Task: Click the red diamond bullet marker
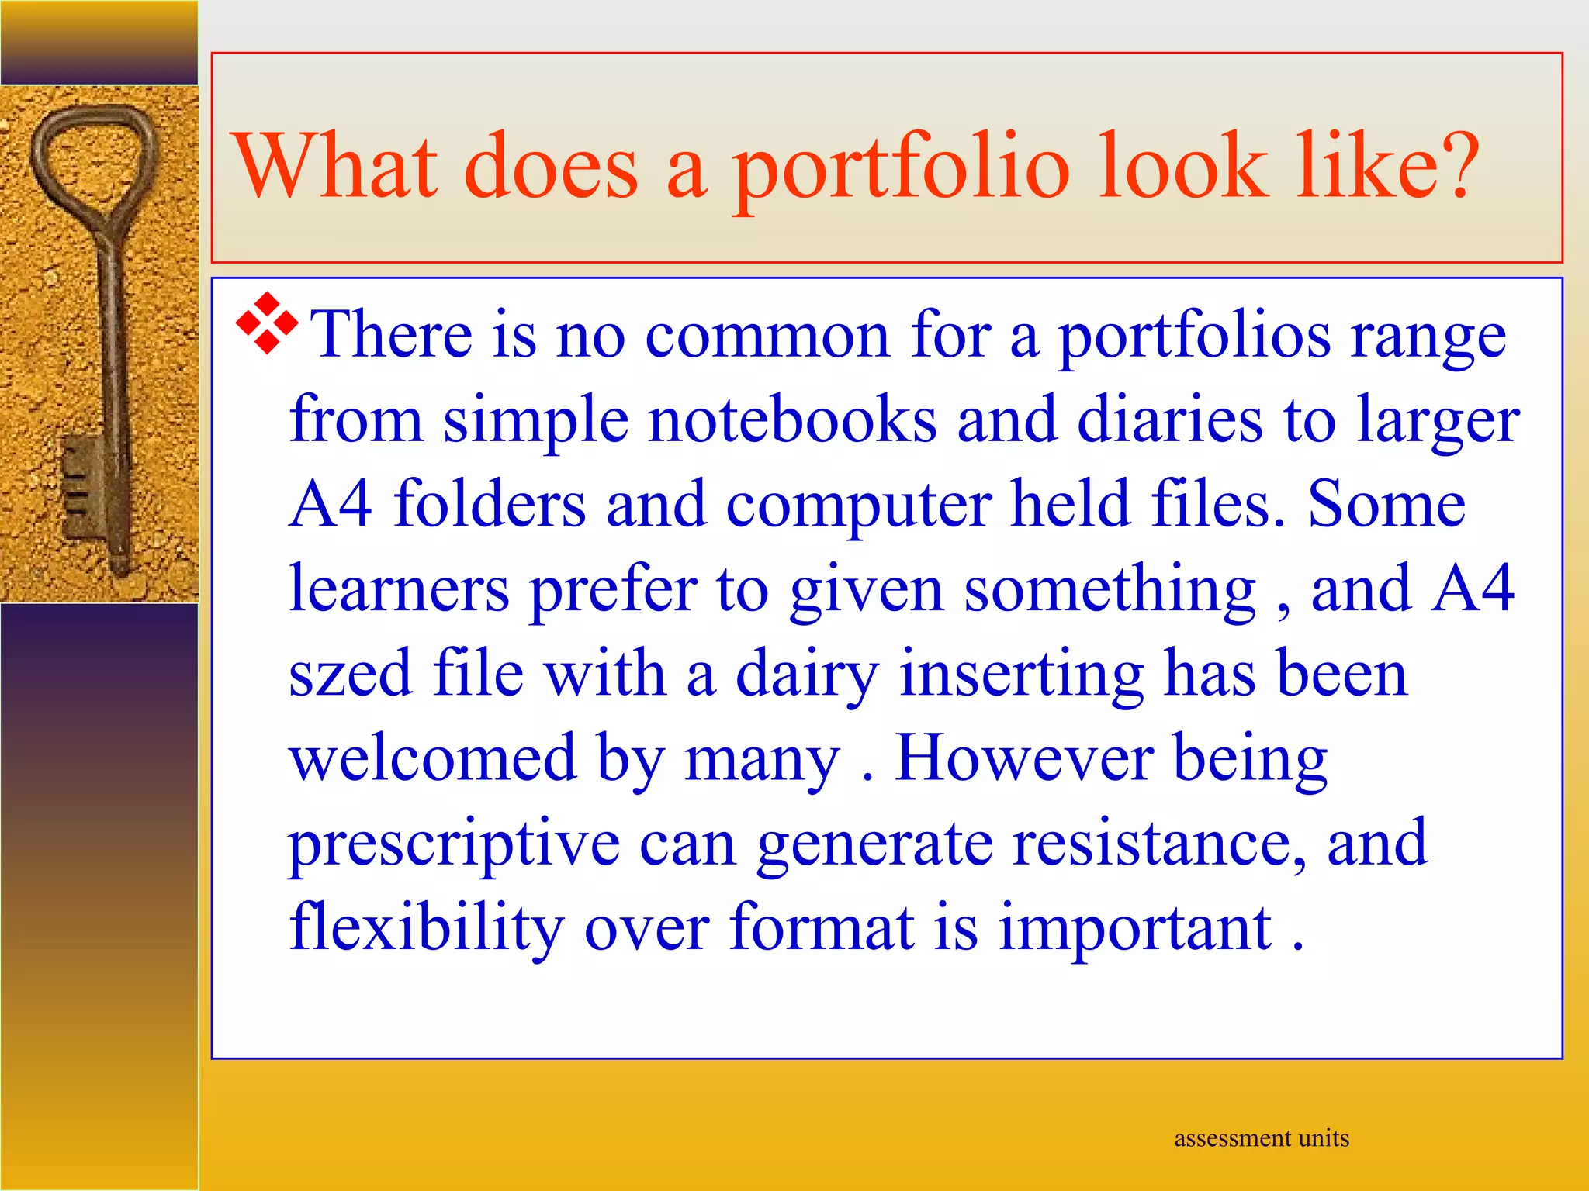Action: point(267,323)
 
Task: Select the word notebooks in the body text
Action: point(792,419)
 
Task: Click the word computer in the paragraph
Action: point(858,504)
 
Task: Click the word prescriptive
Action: point(454,845)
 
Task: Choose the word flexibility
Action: point(426,929)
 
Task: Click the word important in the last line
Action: point(1134,929)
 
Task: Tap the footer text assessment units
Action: point(1261,1138)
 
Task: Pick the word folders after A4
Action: point(489,504)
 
